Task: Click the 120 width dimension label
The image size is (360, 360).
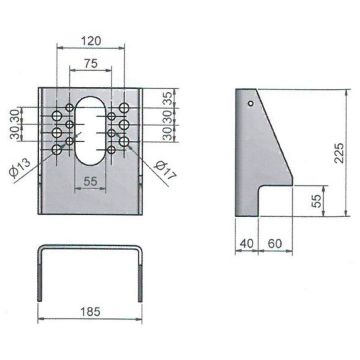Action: (91, 41)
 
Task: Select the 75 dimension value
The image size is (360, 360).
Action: (91, 63)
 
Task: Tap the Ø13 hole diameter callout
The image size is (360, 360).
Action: (20, 167)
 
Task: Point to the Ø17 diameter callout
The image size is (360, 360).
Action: (165, 170)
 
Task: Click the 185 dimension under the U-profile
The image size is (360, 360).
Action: (90, 312)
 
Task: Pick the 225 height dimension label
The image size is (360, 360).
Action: (339, 153)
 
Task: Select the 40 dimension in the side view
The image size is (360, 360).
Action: (247, 244)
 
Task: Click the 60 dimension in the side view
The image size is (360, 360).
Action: (275, 244)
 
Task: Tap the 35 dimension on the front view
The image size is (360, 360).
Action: (169, 97)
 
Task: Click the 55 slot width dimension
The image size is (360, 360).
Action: (90, 182)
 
